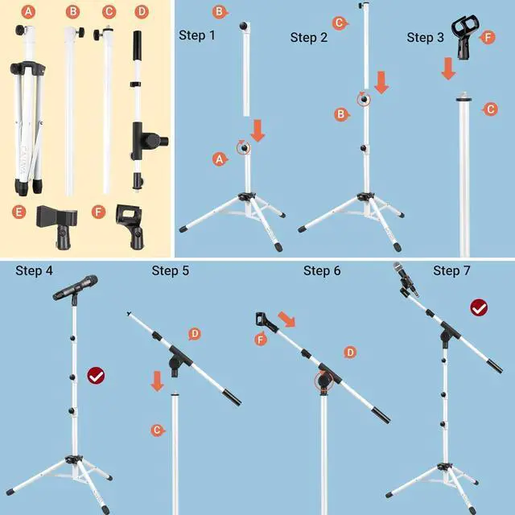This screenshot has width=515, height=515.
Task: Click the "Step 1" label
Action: [x=196, y=35]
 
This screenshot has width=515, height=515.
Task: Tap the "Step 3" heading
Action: [x=426, y=37]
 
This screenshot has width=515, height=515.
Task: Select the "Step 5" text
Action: [x=170, y=270]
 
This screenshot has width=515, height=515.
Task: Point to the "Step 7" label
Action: [x=451, y=270]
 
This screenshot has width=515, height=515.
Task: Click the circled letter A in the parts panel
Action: [x=30, y=12]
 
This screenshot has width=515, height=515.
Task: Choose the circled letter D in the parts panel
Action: [x=142, y=12]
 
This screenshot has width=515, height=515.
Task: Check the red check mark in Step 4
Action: [x=96, y=374]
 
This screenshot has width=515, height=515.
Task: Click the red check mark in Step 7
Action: [x=479, y=307]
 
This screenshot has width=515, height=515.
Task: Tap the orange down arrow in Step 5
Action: [x=159, y=380]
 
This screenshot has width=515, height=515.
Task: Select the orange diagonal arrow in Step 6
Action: [x=286, y=319]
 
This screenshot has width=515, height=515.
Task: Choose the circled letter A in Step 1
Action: [x=217, y=159]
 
